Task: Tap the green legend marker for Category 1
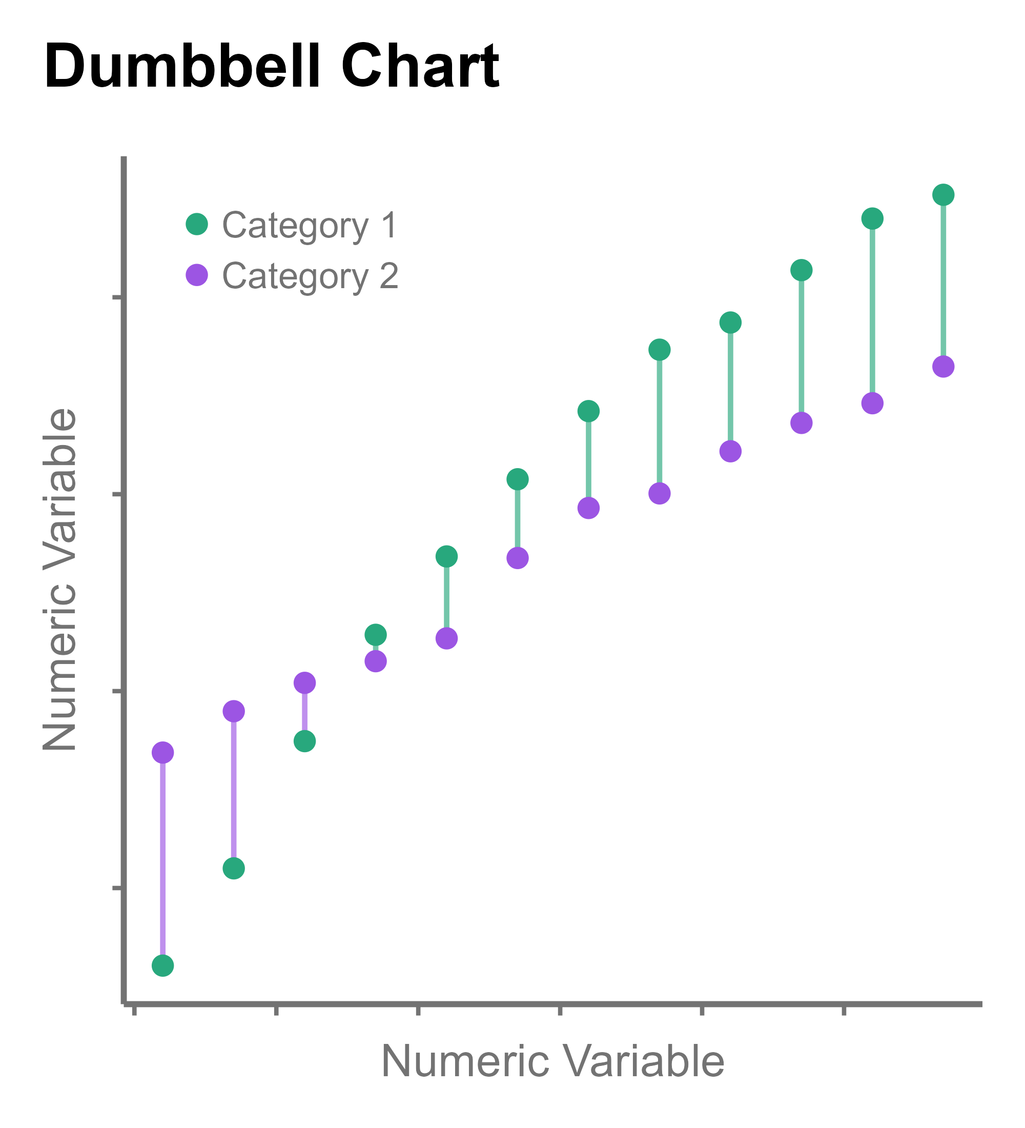tap(197, 225)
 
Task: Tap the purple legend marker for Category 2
tap(197, 275)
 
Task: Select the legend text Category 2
tap(311, 276)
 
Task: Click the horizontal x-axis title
tap(552, 1061)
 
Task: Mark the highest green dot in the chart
tap(943, 195)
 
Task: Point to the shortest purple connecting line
tap(304, 712)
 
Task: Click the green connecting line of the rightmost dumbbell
tap(943, 280)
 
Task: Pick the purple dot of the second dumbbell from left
tap(234, 711)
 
